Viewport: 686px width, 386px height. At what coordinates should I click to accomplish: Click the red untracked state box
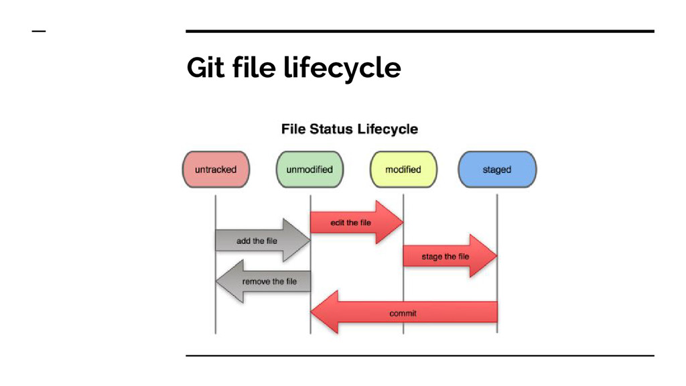click(x=216, y=170)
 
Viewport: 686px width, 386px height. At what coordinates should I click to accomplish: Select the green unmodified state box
click(x=310, y=170)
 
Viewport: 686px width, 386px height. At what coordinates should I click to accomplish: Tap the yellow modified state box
click(x=403, y=170)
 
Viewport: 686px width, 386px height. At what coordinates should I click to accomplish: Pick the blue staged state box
click(x=497, y=170)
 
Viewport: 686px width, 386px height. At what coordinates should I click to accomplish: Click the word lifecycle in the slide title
click(x=342, y=68)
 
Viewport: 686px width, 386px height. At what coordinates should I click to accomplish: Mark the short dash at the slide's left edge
click(x=39, y=31)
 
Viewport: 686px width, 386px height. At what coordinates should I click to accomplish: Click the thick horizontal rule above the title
click(x=419, y=31)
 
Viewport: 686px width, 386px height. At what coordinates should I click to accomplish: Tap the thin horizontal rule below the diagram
click(x=419, y=356)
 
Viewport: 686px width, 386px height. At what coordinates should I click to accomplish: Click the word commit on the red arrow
click(x=403, y=313)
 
